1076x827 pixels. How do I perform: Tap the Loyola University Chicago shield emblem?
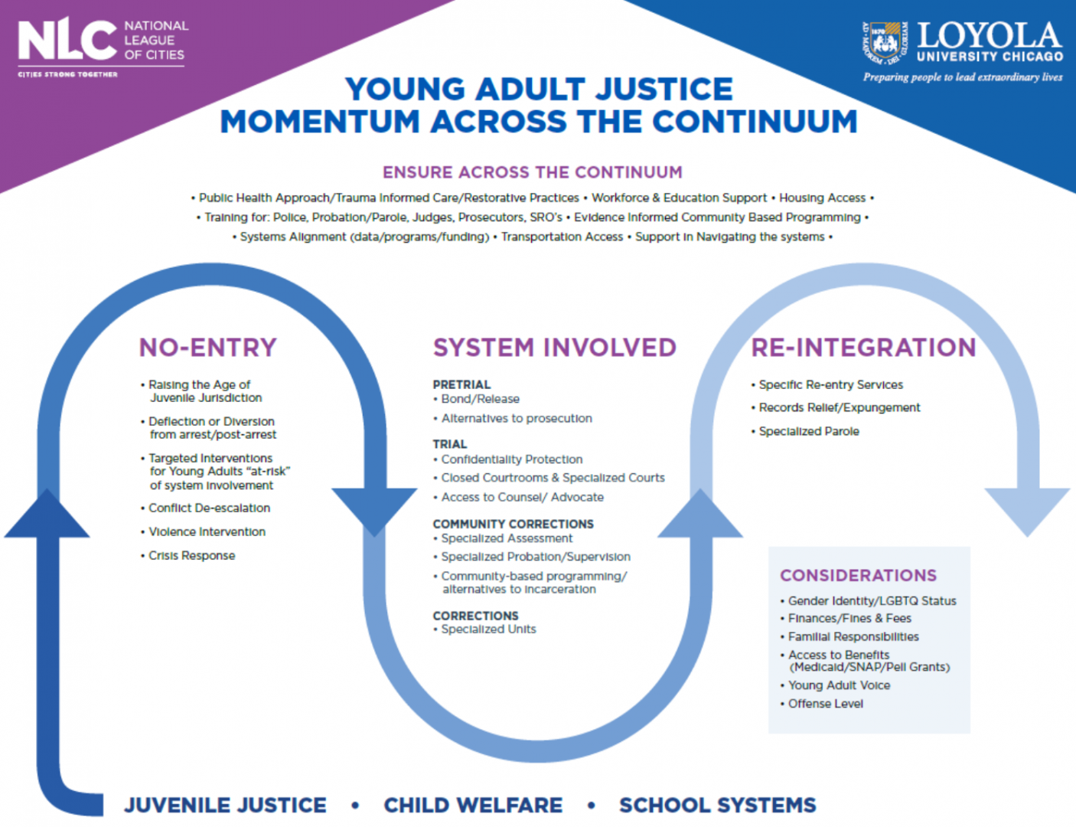(885, 43)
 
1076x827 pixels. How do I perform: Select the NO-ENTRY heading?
(207, 348)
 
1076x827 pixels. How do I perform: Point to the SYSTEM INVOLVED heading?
(554, 348)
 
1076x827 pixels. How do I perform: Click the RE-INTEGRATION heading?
(863, 348)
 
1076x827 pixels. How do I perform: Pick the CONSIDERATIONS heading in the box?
(858, 575)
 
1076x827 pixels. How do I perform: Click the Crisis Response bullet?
(191, 555)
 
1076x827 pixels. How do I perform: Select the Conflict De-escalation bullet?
(209, 508)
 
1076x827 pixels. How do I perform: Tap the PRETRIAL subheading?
(461, 384)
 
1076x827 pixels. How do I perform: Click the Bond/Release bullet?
(480, 399)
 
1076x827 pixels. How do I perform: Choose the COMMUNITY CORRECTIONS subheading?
(513, 524)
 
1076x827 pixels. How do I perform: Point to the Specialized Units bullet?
(488, 629)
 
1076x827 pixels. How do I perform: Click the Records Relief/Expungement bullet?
(839, 407)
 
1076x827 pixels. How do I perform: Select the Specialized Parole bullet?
(808, 431)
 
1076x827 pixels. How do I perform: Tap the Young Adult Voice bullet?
(839, 685)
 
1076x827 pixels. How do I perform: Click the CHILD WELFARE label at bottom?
(473, 806)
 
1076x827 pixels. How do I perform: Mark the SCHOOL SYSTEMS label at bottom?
(717, 806)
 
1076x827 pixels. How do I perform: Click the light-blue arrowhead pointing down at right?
(1027, 510)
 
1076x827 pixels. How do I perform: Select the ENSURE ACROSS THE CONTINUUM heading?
(532, 172)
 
